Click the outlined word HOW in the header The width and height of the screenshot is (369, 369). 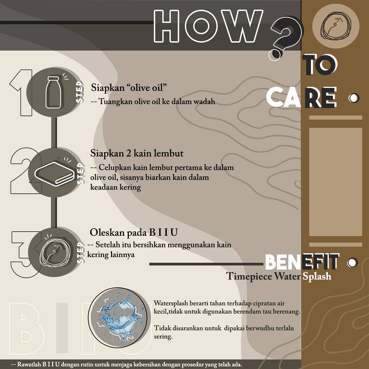[x=208, y=26]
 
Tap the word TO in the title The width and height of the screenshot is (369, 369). [x=320, y=65]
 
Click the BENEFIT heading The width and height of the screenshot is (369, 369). [x=302, y=262]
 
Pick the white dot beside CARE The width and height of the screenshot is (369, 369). [x=354, y=98]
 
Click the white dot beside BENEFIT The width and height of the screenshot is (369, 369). [x=352, y=262]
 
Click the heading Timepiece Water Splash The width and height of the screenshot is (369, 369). [x=279, y=276]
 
